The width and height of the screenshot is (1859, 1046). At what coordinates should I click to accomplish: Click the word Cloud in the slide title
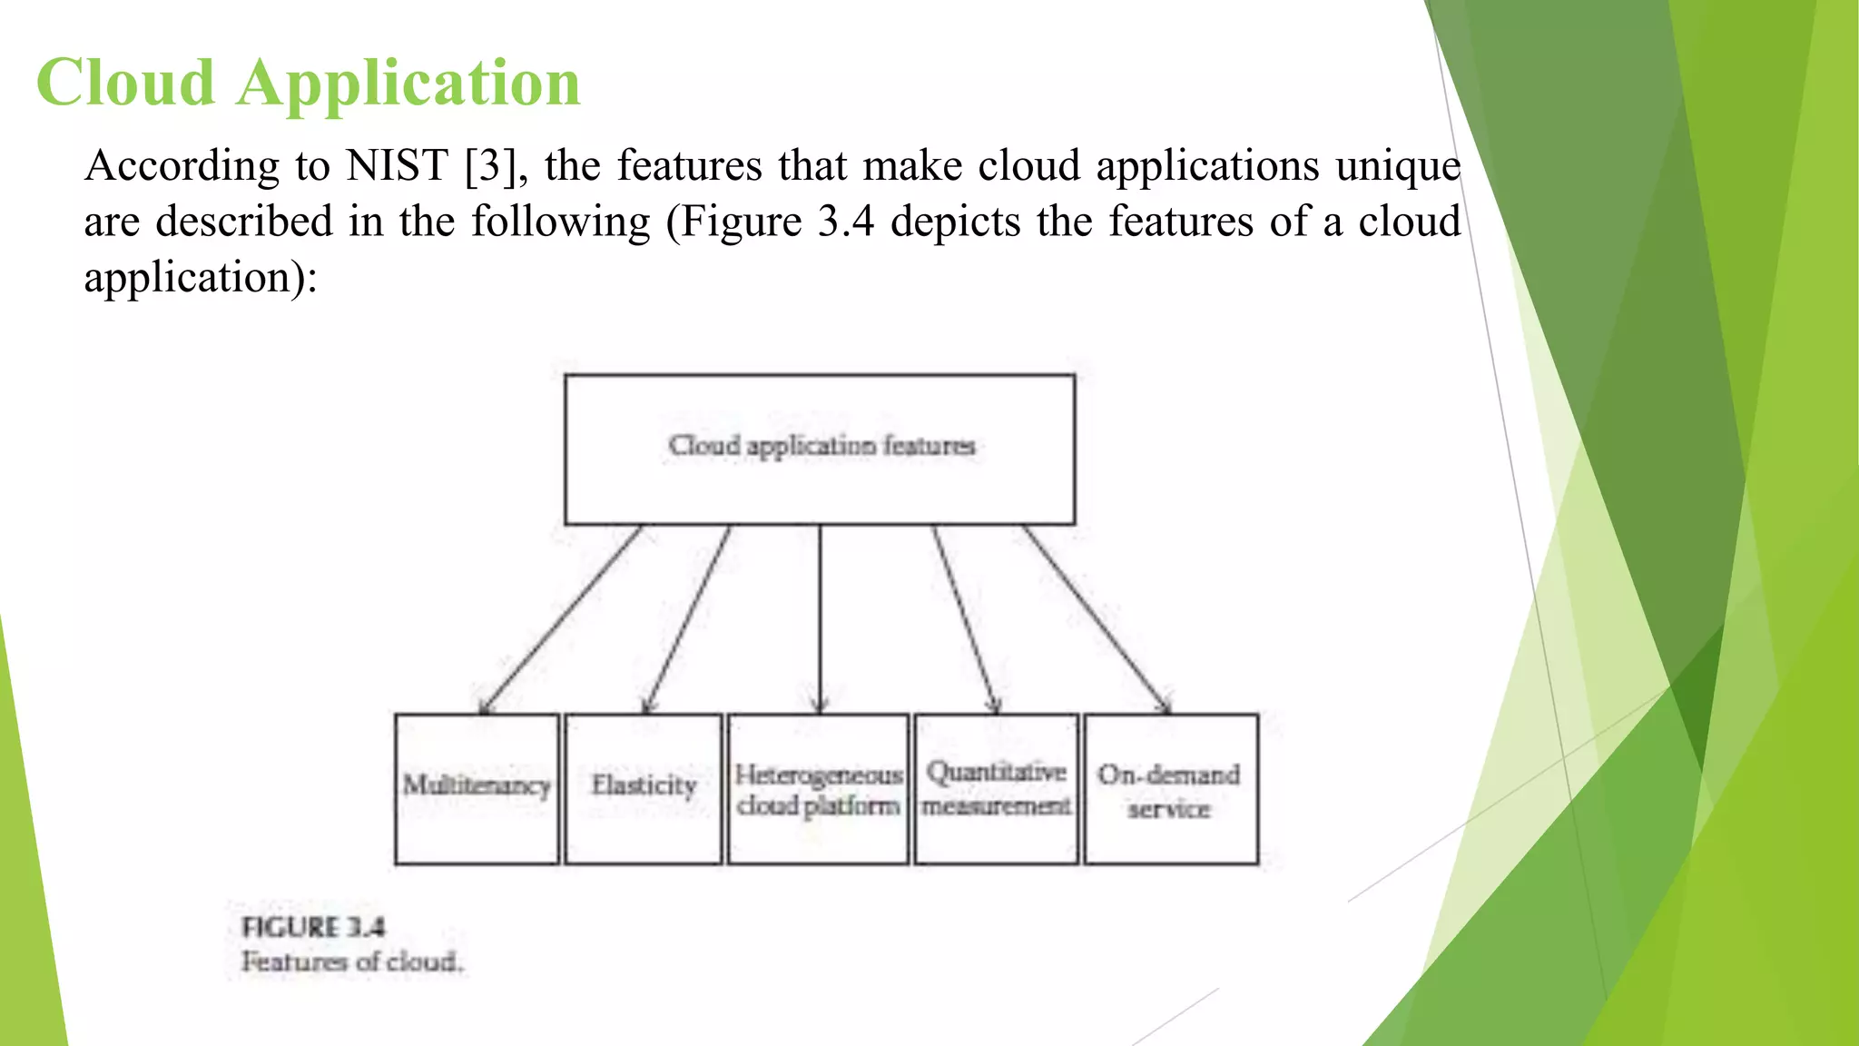click(x=125, y=83)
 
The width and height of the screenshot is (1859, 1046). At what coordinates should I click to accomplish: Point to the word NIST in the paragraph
click(x=397, y=166)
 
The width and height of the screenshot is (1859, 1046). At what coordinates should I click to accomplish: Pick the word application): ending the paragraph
click(x=201, y=278)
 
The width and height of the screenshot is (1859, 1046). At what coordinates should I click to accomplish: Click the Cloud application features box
click(x=820, y=449)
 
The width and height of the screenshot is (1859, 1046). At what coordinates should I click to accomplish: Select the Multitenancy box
click(x=477, y=788)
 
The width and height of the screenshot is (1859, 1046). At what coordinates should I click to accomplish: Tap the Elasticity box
click(x=643, y=788)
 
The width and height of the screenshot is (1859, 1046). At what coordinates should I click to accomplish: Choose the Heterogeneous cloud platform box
click(x=818, y=788)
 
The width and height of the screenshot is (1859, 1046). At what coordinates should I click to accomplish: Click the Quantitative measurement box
click(x=996, y=788)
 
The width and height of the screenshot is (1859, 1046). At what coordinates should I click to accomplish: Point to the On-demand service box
click(x=1170, y=788)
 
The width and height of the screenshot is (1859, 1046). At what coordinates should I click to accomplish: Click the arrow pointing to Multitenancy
click(x=560, y=619)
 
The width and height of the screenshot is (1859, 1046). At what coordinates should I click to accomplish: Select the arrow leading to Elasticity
click(x=686, y=619)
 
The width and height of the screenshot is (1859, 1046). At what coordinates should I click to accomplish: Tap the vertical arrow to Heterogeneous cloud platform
click(x=820, y=619)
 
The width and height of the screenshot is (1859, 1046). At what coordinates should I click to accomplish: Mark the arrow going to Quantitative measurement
click(x=965, y=619)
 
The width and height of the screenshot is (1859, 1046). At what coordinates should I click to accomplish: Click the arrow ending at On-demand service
click(x=1096, y=619)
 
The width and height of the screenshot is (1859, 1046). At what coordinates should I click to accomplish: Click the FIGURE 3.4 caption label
click(x=313, y=927)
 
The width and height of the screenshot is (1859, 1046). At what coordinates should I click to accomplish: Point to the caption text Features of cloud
click(x=351, y=962)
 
